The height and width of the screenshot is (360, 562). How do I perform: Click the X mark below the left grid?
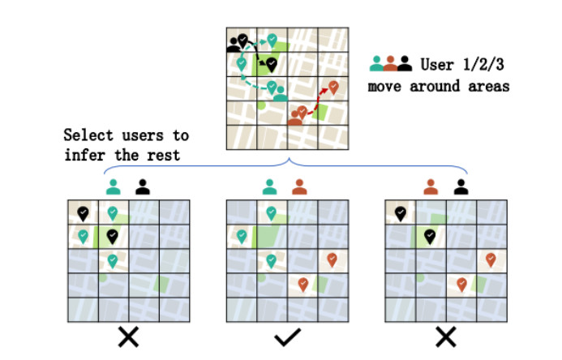point(127,337)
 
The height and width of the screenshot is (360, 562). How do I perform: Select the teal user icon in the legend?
point(376,62)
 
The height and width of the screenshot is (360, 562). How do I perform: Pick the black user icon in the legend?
point(404,62)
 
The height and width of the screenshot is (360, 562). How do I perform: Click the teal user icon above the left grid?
point(113,186)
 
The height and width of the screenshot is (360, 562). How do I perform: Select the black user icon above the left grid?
point(143,186)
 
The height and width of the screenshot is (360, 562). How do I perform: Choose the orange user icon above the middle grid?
point(300,186)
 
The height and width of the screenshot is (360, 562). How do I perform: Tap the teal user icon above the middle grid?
point(270,186)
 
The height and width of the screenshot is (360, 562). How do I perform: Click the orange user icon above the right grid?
point(430,186)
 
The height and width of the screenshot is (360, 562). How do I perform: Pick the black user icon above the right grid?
point(461,186)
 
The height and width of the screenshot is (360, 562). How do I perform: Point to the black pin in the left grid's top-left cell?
point(83,212)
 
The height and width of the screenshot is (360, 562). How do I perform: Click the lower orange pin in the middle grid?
point(302,283)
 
